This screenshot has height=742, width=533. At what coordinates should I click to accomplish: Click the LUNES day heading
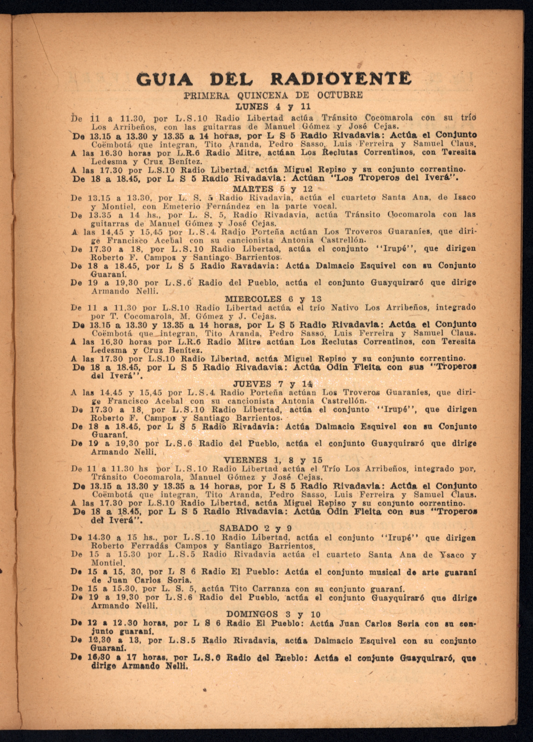[252, 107]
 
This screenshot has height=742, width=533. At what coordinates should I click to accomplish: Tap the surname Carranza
[269, 589]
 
